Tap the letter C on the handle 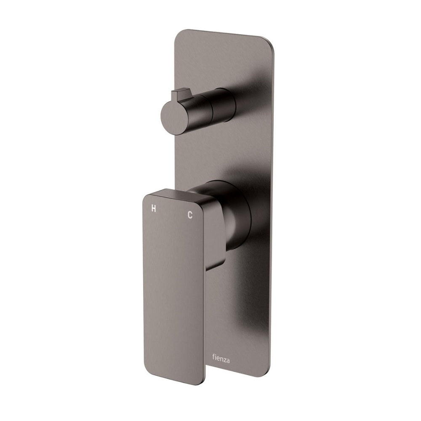[x=190, y=215]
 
